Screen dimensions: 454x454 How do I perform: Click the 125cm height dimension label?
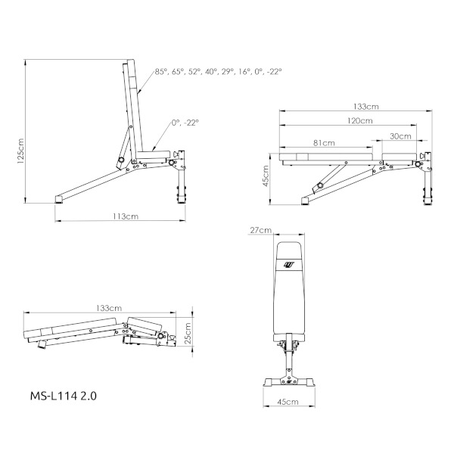(21, 151)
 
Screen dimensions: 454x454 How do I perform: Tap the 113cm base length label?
(126, 216)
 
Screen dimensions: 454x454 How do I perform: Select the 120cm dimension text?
(360, 120)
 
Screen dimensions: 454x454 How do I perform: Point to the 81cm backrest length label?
(324, 143)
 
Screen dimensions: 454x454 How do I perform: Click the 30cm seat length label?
(400, 136)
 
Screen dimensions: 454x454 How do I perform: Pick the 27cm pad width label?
(261, 230)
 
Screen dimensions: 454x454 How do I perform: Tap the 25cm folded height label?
(188, 333)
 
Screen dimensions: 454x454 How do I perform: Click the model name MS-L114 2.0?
(64, 396)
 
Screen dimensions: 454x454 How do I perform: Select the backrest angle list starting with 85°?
(219, 72)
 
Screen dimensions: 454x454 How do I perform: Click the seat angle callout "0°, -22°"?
(185, 123)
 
